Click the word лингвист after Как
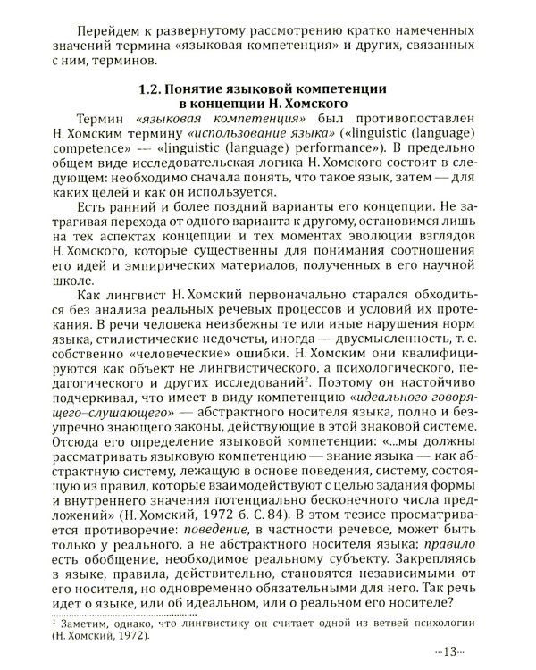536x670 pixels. coord(137,296)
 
